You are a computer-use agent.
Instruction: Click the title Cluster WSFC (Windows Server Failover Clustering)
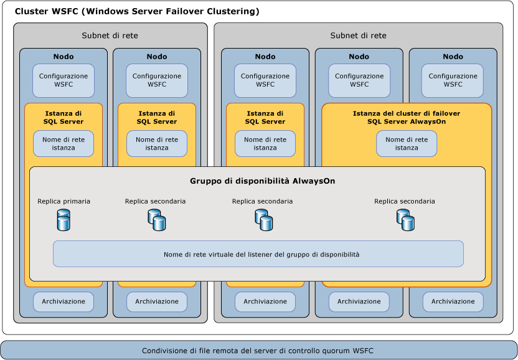point(137,12)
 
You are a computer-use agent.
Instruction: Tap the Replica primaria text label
point(64,201)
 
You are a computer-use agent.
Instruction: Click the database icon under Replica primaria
point(64,220)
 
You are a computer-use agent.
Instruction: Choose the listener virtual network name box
point(258,254)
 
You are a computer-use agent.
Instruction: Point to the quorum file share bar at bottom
point(258,350)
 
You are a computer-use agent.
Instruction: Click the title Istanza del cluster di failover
point(406,117)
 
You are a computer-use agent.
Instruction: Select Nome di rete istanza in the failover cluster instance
point(406,144)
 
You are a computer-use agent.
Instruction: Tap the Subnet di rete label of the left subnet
point(110,36)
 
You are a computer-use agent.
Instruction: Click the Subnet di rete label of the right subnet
point(358,36)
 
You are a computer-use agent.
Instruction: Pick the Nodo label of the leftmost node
point(64,57)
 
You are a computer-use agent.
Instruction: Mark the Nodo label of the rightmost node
point(453,57)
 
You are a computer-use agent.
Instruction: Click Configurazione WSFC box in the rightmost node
point(453,80)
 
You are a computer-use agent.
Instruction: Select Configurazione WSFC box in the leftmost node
point(64,80)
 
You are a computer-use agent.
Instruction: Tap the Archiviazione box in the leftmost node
point(64,301)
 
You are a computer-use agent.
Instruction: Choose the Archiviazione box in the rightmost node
point(453,301)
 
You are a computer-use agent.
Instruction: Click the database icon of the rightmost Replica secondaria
point(405,220)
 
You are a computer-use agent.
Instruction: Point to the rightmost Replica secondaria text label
point(405,201)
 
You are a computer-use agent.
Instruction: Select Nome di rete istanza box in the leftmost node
point(64,144)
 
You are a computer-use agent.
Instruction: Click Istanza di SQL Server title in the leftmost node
point(64,117)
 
